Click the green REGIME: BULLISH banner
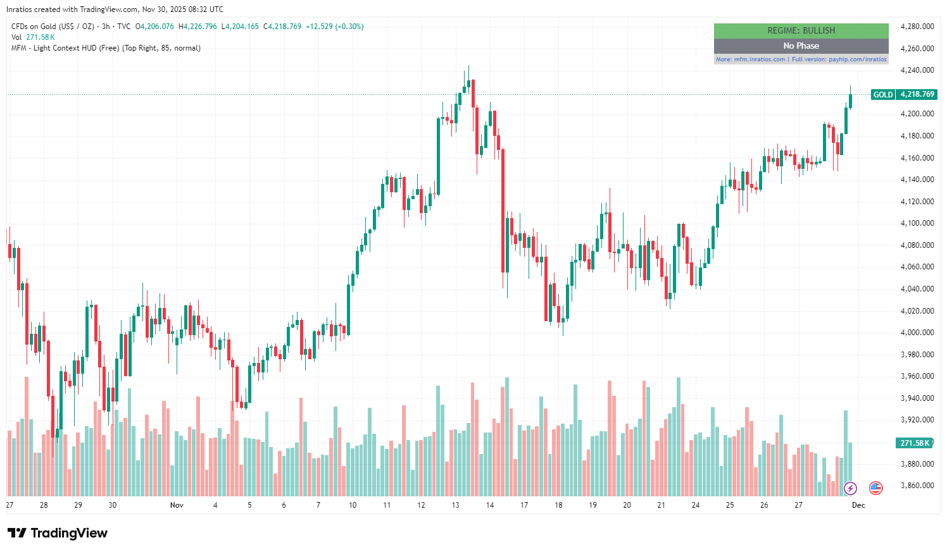point(801,30)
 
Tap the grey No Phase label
point(801,46)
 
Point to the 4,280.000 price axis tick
point(917,27)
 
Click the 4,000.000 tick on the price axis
point(917,333)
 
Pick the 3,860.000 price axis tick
point(917,486)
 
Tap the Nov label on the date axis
point(177,505)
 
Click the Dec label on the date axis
point(858,505)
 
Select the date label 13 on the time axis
point(455,505)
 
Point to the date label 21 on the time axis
point(661,505)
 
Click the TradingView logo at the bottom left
point(58,533)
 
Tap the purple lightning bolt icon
point(850,488)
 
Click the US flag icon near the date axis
point(875,488)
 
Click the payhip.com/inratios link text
point(857,59)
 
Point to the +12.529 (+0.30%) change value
point(334,27)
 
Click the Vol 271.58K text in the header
point(33,37)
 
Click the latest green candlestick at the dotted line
point(850,101)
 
